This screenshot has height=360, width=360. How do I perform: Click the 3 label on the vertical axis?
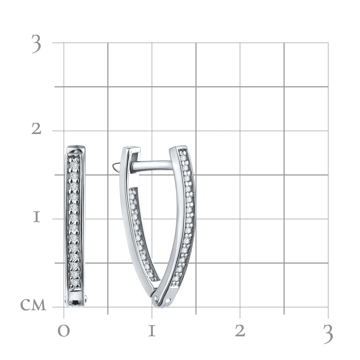[x=36, y=44]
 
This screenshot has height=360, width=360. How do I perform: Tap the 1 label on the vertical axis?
[x=36, y=217]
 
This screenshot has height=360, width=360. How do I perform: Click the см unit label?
[x=33, y=305]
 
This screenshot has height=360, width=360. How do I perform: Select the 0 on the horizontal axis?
[x=64, y=331]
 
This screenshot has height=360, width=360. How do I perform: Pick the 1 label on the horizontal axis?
[x=152, y=331]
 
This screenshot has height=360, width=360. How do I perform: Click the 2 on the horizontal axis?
[x=240, y=331]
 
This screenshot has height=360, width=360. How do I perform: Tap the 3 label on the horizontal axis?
[x=328, y=334]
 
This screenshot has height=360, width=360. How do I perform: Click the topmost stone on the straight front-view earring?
[x=74, y=165]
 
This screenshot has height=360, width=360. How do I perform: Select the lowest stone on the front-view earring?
[x=74, y=282]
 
